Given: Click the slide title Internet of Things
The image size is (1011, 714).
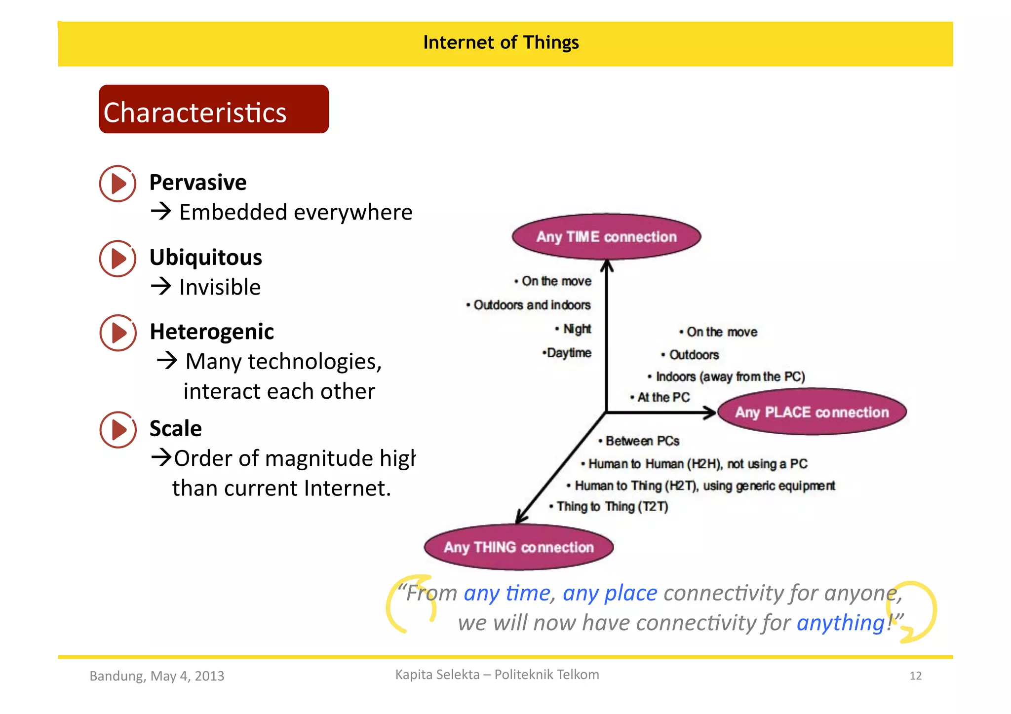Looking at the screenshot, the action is pyautogui.click(x=501, y=43).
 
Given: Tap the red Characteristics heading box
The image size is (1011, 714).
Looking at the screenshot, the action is pyautogui.click(x=213, y=110).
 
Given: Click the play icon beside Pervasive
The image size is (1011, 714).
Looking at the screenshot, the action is pyautogui.click(x=117, y=184).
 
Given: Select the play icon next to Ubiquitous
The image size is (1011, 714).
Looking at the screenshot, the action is pyautogui.click(x=117, y=259).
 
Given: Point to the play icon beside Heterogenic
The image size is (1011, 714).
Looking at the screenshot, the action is pyautogui.click(x=117, y=333).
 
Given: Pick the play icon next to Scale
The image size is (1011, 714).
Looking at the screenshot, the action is pyautogui.click(x=117, y=429).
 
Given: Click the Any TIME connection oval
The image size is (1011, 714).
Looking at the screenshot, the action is pyautogui.click(x=606, y=237).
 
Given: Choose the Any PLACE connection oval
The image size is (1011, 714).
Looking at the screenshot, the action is pyautogui.click(x=812, y=412).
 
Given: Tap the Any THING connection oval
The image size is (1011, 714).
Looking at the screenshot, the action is pyautogui.click(x=518, y=547).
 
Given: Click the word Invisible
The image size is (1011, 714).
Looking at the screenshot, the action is pyautogui.click(x=220, y=287).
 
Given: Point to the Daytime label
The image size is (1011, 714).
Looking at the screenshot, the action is pyautogui.click(x=569, y=353).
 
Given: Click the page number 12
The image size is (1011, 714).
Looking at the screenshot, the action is pyautogui.click(x=915, y=676).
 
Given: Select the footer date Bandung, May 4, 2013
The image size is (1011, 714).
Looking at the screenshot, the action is pyautogui.click(x=157, y=676).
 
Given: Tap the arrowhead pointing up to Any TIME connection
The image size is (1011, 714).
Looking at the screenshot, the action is pyautogui.click(x=607, y=266).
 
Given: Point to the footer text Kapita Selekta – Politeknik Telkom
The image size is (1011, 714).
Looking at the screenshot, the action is pyautogui.click(x=497, y=675).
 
